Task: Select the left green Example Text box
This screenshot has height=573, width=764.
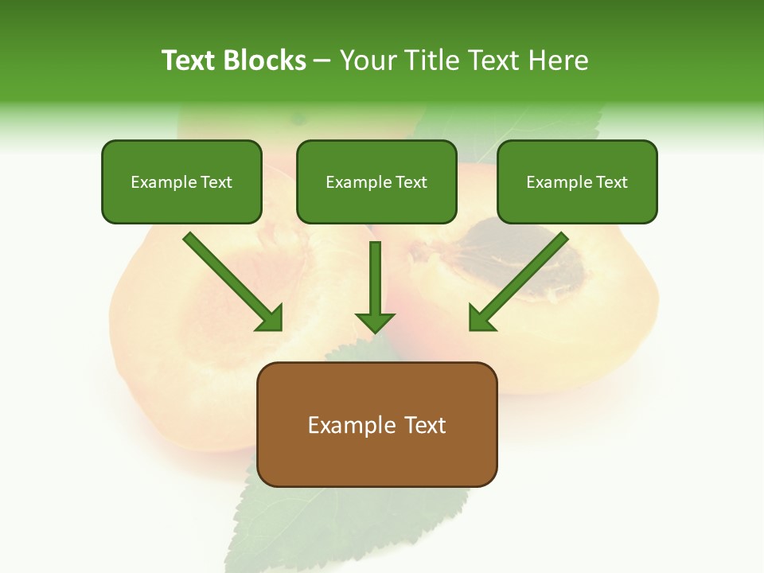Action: click(181, 182)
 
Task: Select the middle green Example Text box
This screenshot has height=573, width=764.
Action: click(376, 182)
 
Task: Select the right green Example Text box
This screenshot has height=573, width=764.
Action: click(577, 182)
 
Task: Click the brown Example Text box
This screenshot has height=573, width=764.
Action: click(376, 425)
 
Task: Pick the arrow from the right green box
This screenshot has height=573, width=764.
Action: click(521, 279)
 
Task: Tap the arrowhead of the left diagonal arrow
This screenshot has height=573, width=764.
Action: click(271, 319)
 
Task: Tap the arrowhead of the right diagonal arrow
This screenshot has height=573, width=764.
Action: click(481, 318)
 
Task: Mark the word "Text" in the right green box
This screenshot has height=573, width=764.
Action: click(611, 182)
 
